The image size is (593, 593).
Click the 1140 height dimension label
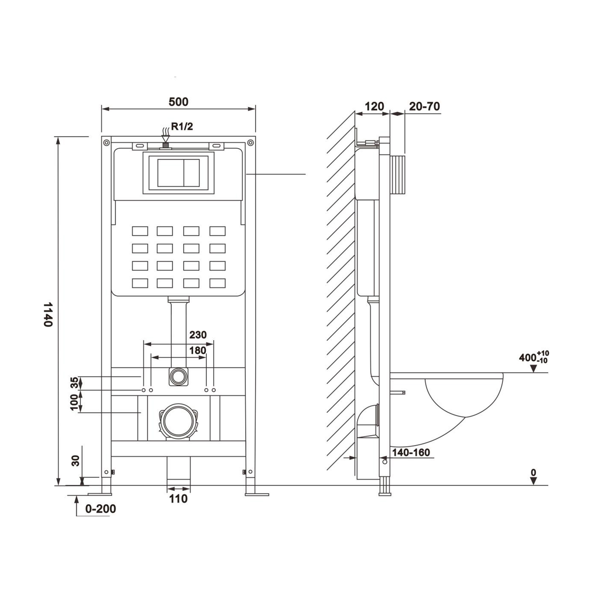coord(48,315)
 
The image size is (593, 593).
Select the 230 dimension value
coord(198,335)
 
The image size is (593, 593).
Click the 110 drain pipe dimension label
coord(178,499)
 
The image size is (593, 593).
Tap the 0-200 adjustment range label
coord(100,509)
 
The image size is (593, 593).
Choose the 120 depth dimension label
coord(374,107)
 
